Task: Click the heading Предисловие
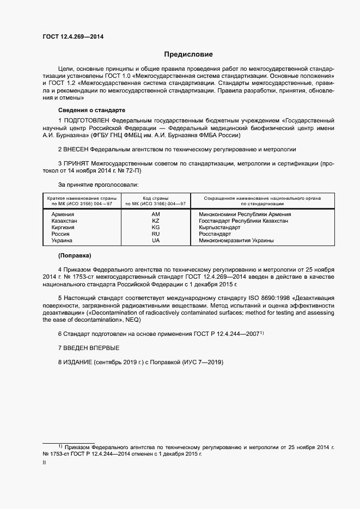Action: click(189, 54)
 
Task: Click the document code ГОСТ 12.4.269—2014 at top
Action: click(73, 36)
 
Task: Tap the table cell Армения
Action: click(63, 214)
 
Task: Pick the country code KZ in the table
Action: click(156, 221)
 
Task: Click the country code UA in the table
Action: click(156, 240)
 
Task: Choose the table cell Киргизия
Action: click(64, 228)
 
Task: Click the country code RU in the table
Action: click(156, 234)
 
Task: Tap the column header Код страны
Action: click(156, 198)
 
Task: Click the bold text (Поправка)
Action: click(75, 255)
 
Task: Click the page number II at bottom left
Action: click(44, 463)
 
